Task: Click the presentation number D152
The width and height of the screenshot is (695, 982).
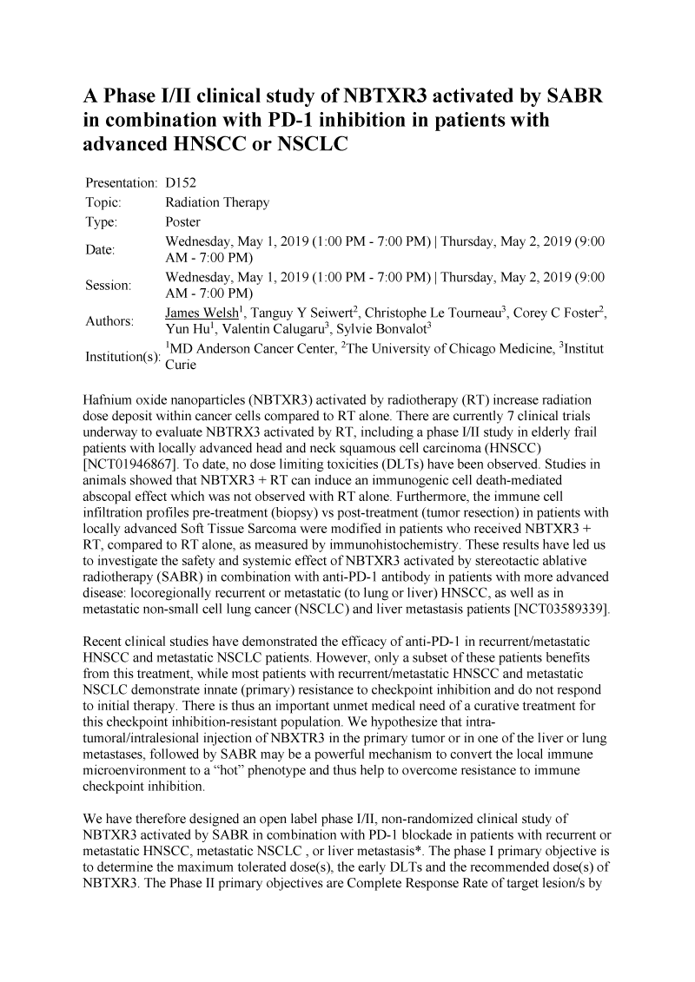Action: [182, 185]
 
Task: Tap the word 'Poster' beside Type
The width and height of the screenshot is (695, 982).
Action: [182, 222]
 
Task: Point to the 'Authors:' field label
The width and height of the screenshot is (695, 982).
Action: [109, 321]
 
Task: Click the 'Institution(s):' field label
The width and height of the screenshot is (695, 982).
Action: [122, 358]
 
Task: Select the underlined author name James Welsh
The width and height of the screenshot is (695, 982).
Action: [199, 313]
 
